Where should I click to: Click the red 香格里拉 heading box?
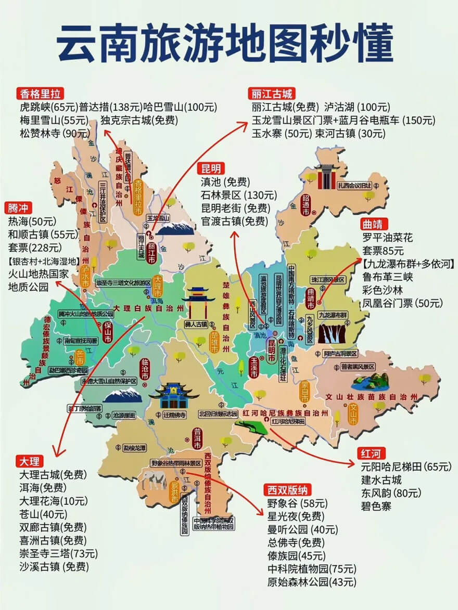41,94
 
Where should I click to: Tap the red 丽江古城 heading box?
272,94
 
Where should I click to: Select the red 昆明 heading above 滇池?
211,168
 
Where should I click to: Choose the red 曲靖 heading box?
373,224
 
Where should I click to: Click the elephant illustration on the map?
154,479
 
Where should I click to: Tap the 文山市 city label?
353,414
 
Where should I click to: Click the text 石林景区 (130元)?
239,196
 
